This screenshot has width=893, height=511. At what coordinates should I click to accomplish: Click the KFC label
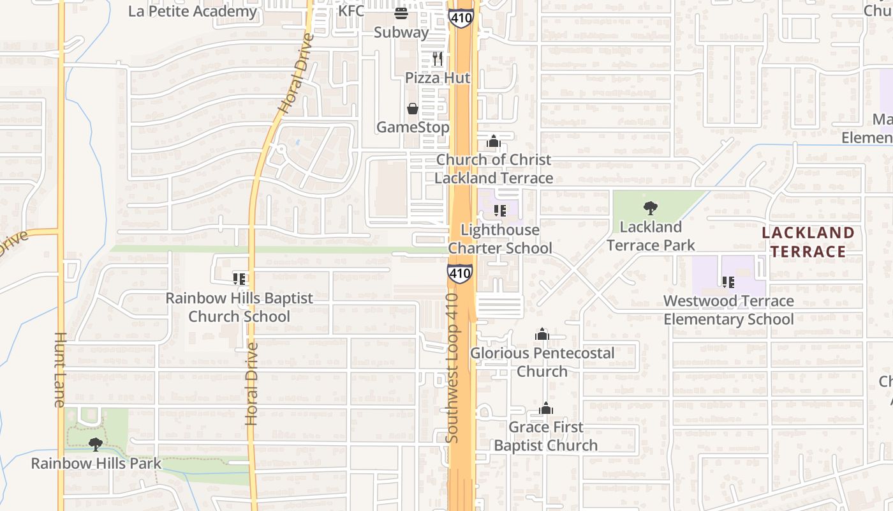[351, 11]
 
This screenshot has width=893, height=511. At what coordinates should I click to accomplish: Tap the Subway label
[401, 32]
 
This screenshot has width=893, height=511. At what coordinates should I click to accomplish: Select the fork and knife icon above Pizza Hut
[437, 59]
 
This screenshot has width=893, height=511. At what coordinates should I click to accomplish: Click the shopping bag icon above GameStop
[413, 109]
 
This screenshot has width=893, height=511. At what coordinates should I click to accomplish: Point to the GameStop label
[413, 127]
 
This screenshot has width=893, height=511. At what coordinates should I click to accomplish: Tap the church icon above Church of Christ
[494, 141]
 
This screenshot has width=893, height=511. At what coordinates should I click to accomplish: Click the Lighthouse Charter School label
[500, 239]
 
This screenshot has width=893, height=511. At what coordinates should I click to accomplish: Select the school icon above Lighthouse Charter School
[500, 210]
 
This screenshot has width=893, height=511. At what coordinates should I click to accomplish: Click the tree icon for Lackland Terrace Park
[651, 208]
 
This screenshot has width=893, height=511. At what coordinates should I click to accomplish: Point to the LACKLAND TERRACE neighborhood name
[808, 242]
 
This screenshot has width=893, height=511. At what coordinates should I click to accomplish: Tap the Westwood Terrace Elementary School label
[728, 310]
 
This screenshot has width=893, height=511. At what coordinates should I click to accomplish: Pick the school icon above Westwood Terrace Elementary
[728, 282]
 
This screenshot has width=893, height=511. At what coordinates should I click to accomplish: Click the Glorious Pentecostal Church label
[542, 362]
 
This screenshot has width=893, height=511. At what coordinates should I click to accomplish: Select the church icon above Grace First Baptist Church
[546, 409]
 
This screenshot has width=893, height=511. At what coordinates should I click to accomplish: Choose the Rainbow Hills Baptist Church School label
[239, 307]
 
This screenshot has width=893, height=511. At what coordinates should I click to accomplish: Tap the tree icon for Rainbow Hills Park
[96, 444]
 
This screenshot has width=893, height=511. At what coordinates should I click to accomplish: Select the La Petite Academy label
[193, 11]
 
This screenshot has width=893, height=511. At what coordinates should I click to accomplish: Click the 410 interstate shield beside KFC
[460, 17]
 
